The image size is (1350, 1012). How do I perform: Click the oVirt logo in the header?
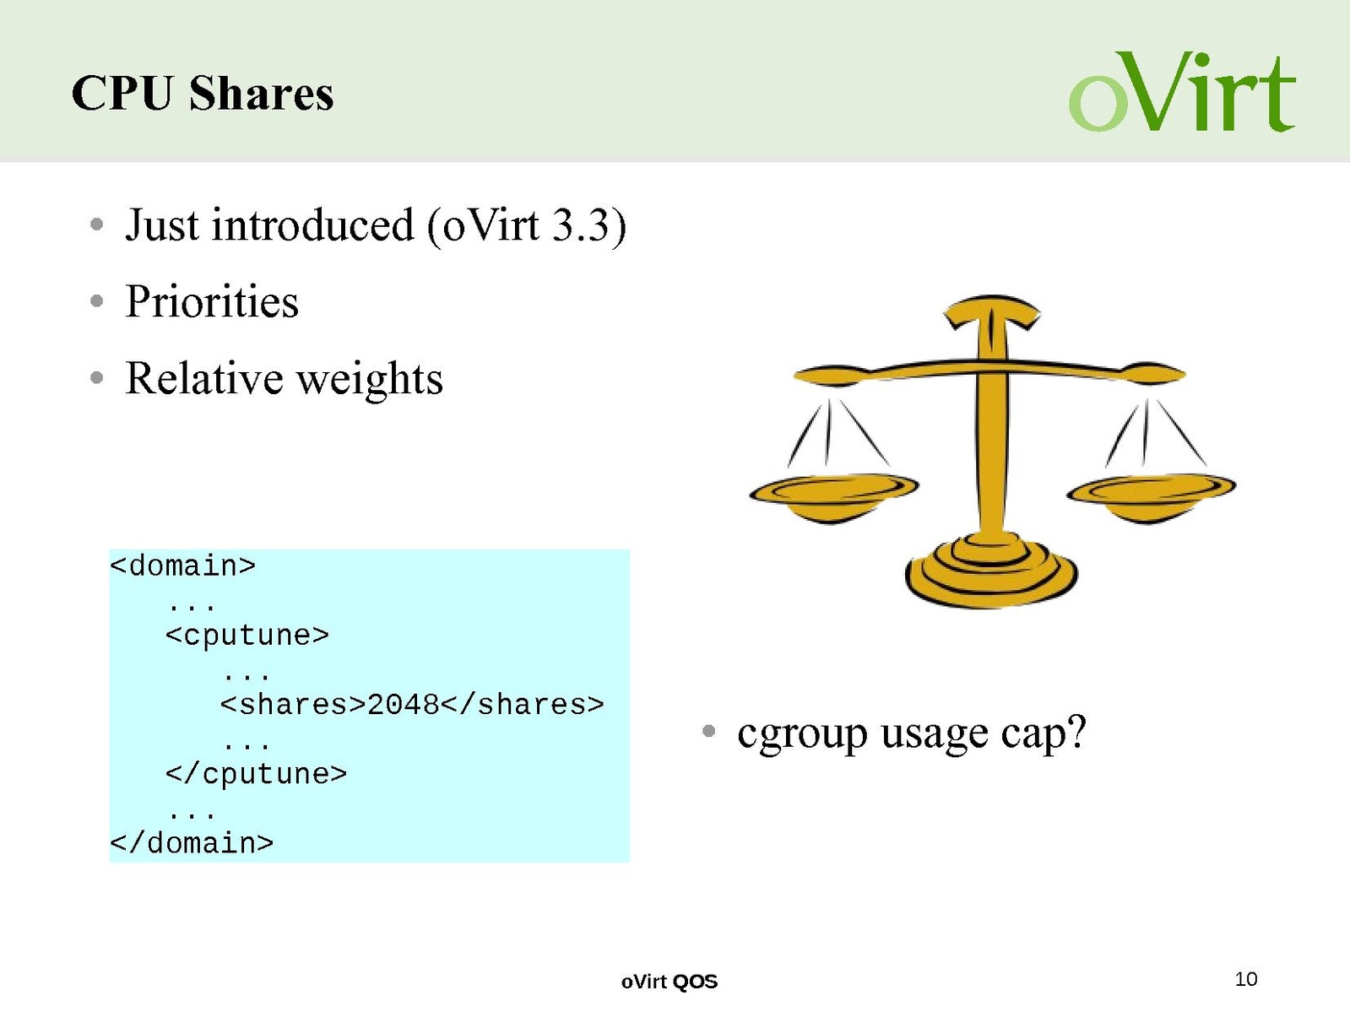coord(1182,92)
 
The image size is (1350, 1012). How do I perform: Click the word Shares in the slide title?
coord(262,93)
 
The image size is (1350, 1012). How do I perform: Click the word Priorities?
coord(212,301)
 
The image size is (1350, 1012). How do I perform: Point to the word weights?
coord(370,379)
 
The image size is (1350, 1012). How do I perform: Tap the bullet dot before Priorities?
coord(96,301)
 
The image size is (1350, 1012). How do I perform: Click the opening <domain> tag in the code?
coord(182,566)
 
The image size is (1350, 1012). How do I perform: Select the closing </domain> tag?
coord(192,843)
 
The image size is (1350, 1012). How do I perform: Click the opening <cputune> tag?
coord(247,635)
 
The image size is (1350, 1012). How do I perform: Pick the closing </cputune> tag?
coord(257,774)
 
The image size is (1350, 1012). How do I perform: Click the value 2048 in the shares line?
coord(404,705)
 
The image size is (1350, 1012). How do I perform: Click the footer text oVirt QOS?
coord(670,982)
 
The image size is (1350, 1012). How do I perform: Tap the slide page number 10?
coord(1246,979)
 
